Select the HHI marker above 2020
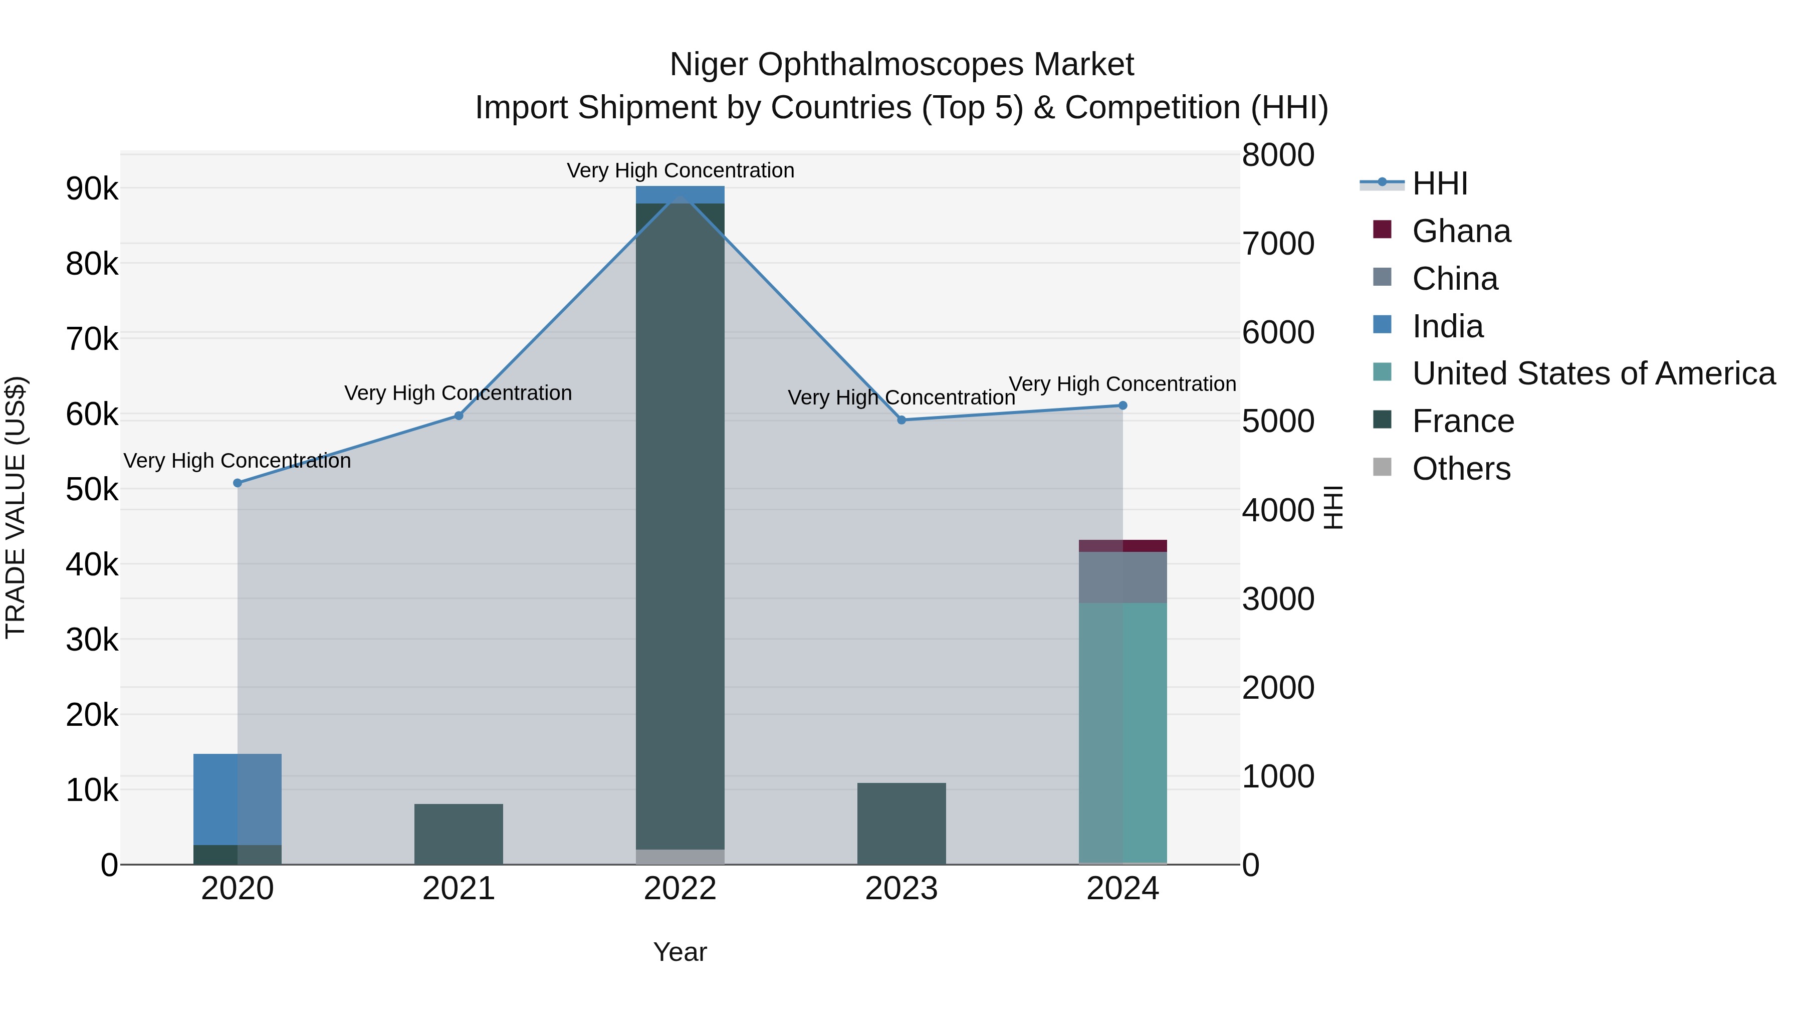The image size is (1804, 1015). (x=238, y=483)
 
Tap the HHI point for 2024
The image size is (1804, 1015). (x=1122, y=405)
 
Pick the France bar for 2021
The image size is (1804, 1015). (x=459, y=834)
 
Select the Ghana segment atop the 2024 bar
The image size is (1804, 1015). (x=1122, y=546)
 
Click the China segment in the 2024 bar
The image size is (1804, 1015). (x=1122, y=577)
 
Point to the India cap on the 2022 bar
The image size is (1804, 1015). (x=680, y=194)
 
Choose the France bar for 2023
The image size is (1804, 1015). (x=901, y=824)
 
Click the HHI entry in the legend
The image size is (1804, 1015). (x=1439, y=183)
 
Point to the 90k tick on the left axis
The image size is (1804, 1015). (x=92, y=189)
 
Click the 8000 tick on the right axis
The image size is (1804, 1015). (x=1278, y=155)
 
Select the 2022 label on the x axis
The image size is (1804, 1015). (x=680, y=889)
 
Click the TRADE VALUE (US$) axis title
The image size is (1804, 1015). (x=16, y=507)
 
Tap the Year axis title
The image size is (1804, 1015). (x=680, y=952)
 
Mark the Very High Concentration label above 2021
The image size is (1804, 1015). (x=458, y=393)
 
